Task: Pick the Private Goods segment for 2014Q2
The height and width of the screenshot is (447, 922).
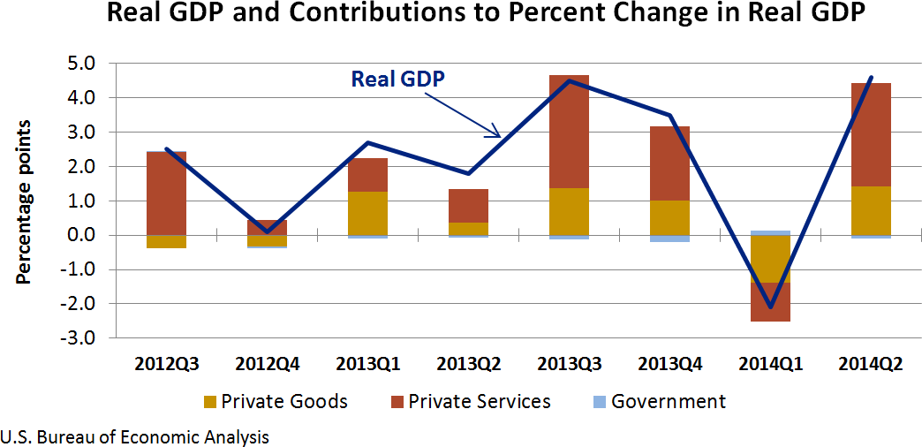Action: click(x=870, y=210)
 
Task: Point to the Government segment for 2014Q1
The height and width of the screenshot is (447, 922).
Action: click(x=769, y=232)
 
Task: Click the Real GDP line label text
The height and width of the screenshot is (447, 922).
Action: click(x=397, y=78)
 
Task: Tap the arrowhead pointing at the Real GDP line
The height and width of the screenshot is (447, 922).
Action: click(x=497, y=134)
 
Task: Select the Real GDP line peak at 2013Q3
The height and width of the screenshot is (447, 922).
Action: click(x=568, y=81)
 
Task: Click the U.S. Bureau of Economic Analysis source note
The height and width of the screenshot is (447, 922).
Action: click(x=135, y=436)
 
